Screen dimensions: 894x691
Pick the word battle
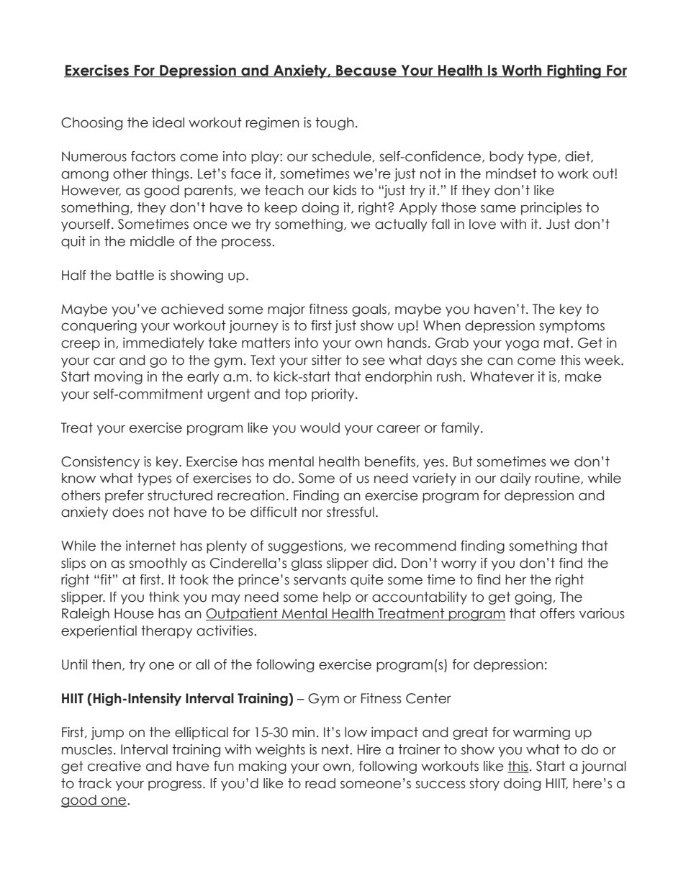[x=125, y=275]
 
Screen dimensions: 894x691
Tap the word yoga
[x=542, y=343]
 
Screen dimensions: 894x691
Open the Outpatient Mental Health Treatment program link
[x=355, y=615]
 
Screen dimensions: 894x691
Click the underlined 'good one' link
[x=94, y=801]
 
